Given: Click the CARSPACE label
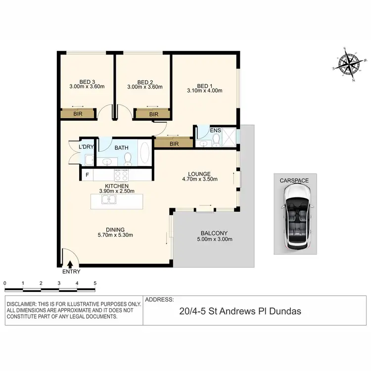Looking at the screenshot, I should tap(294, 181).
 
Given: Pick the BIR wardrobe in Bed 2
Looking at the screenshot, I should tap(153, 114).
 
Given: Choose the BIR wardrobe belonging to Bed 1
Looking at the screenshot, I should tap(173, 143).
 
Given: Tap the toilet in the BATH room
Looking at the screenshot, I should tap(127, 158).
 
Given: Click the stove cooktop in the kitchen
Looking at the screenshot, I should tap(122, 175).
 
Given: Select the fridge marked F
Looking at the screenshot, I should tap(87, 175).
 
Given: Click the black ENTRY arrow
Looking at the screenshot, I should tap(70, 265).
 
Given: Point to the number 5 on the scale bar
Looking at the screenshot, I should tap(95, 283).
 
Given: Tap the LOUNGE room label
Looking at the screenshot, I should tap(199, 174).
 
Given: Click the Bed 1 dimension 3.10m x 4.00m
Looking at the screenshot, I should tap(204, 91).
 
